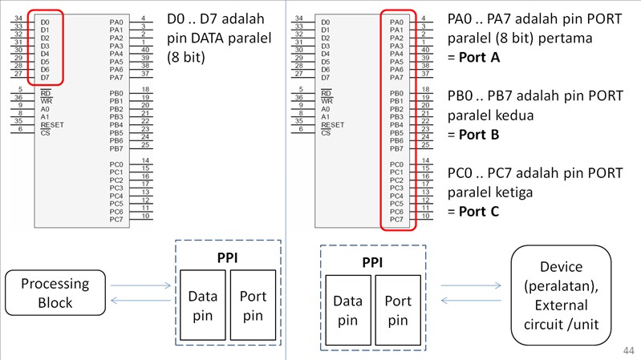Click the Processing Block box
[x=57, y=293]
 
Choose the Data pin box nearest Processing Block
[x=202, y=306]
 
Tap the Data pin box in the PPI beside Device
[x=347, y=311]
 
